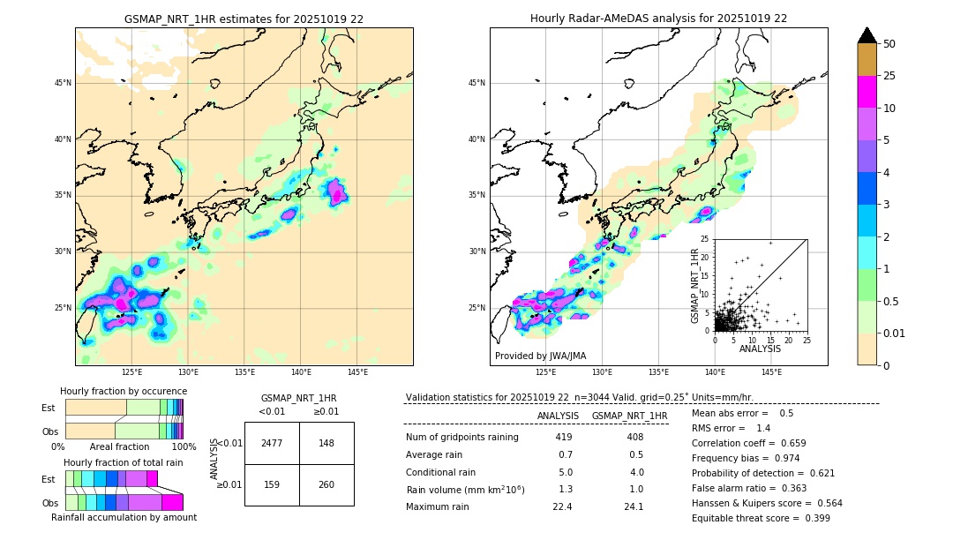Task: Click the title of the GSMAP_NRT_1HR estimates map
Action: (244, 19)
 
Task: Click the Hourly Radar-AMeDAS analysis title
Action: (658, 19)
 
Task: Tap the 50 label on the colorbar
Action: (889, 44)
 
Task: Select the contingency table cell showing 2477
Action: (272, 443)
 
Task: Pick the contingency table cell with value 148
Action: (326, 443)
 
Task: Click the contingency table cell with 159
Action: (272, 484)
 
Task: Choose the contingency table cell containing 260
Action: (326, 484)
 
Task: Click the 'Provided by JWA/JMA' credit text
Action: (540, 356)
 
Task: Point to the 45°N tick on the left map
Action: (63, 83)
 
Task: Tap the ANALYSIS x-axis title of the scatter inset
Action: (760, 349)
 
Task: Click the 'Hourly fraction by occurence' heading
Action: (124, 391)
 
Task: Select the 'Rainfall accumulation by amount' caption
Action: (124, 517)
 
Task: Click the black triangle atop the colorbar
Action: (867, 35)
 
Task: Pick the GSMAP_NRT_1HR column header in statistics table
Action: (629, 416)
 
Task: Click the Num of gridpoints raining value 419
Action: (564, 437)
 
